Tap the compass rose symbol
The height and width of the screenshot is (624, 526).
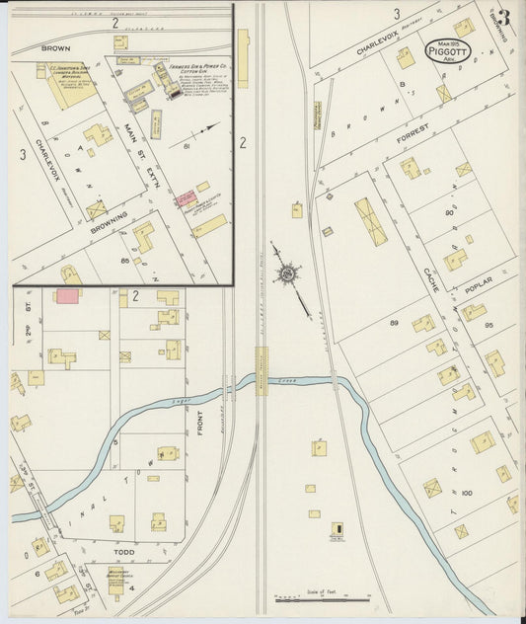pyautogui.click(x=287, y=272)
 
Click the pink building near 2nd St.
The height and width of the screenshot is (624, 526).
pyautogui.click(x=67, y=295)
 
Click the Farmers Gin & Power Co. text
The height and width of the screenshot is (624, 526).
pyautogui.click(x=198, y=68)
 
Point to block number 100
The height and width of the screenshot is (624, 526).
pyautogui.click(x=467, y=491)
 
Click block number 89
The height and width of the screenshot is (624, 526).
pyautogui.click(x=395, y=324)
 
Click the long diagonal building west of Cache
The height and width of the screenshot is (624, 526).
pyautogui.click(x=370, y=220)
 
